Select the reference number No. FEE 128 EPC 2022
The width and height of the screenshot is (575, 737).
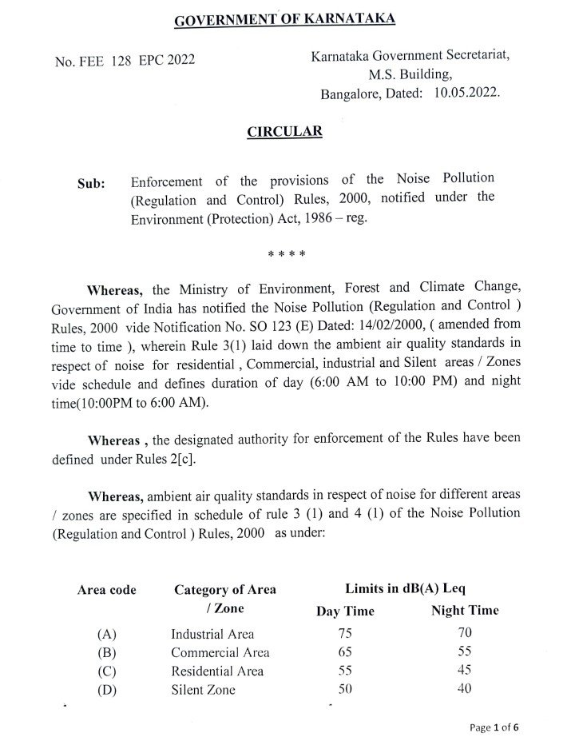tap(125, 61)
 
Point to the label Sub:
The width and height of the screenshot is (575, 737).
tap(91, 183)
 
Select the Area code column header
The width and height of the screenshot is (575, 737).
tap(106, 591)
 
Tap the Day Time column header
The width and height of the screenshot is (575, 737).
tap(345, 612)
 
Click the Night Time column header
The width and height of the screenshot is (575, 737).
tap(465, 611)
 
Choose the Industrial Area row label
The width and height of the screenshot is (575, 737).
tap(212, 635)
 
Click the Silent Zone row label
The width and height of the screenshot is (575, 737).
tap(204, 689)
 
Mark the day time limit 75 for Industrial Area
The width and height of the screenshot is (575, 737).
tap(345, 634)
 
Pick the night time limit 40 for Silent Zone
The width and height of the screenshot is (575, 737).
tap(464, 689)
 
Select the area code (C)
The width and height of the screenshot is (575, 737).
tap(107, 671)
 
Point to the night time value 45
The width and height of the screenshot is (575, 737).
tap(464, 671)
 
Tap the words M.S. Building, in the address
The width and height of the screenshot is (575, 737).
tap(410, 75)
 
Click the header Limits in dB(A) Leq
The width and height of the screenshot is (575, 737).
tap(405, 589)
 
